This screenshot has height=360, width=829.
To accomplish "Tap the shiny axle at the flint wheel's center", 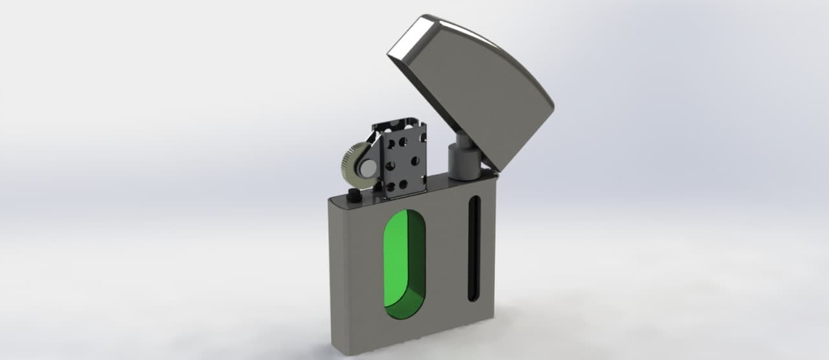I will pyautogui.click(x=367, y=170).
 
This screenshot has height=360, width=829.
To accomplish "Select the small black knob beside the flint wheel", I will pyautogui.click(x=354, y=195).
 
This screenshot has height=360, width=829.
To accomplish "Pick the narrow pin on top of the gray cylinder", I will pyautogui.click(x=464, y=138).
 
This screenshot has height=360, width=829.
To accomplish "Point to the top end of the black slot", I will pyautogui.click(x=474, y=199).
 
